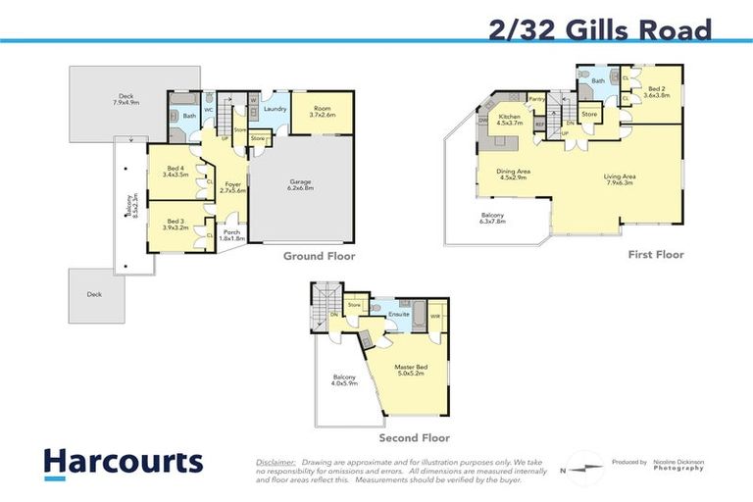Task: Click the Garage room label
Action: (301, 183)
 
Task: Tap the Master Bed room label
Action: (413, 369)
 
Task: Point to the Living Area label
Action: (621, 177)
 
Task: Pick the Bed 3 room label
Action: (177, 223)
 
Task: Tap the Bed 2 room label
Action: (656, 92)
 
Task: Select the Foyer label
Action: (233, 186)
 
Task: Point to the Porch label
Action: (231, 234)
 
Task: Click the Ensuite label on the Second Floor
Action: (398, 315)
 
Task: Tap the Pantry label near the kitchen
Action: (536, 99)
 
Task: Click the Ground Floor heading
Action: (319, 257)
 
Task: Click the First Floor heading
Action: (656, 255)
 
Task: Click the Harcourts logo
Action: (123, 462)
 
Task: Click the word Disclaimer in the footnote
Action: (276, 461)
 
